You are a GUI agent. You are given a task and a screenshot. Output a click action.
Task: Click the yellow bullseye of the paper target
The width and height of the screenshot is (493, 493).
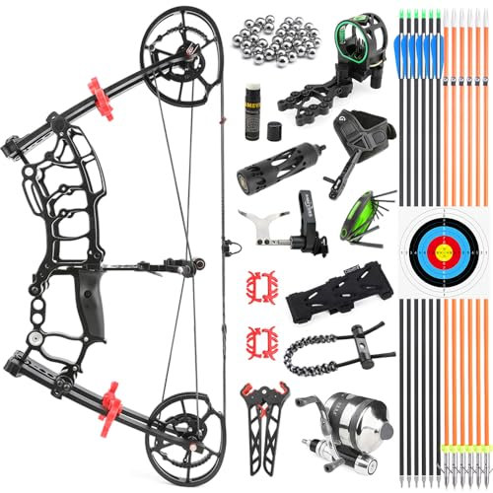pyautogui.click(x=445, y=246)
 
